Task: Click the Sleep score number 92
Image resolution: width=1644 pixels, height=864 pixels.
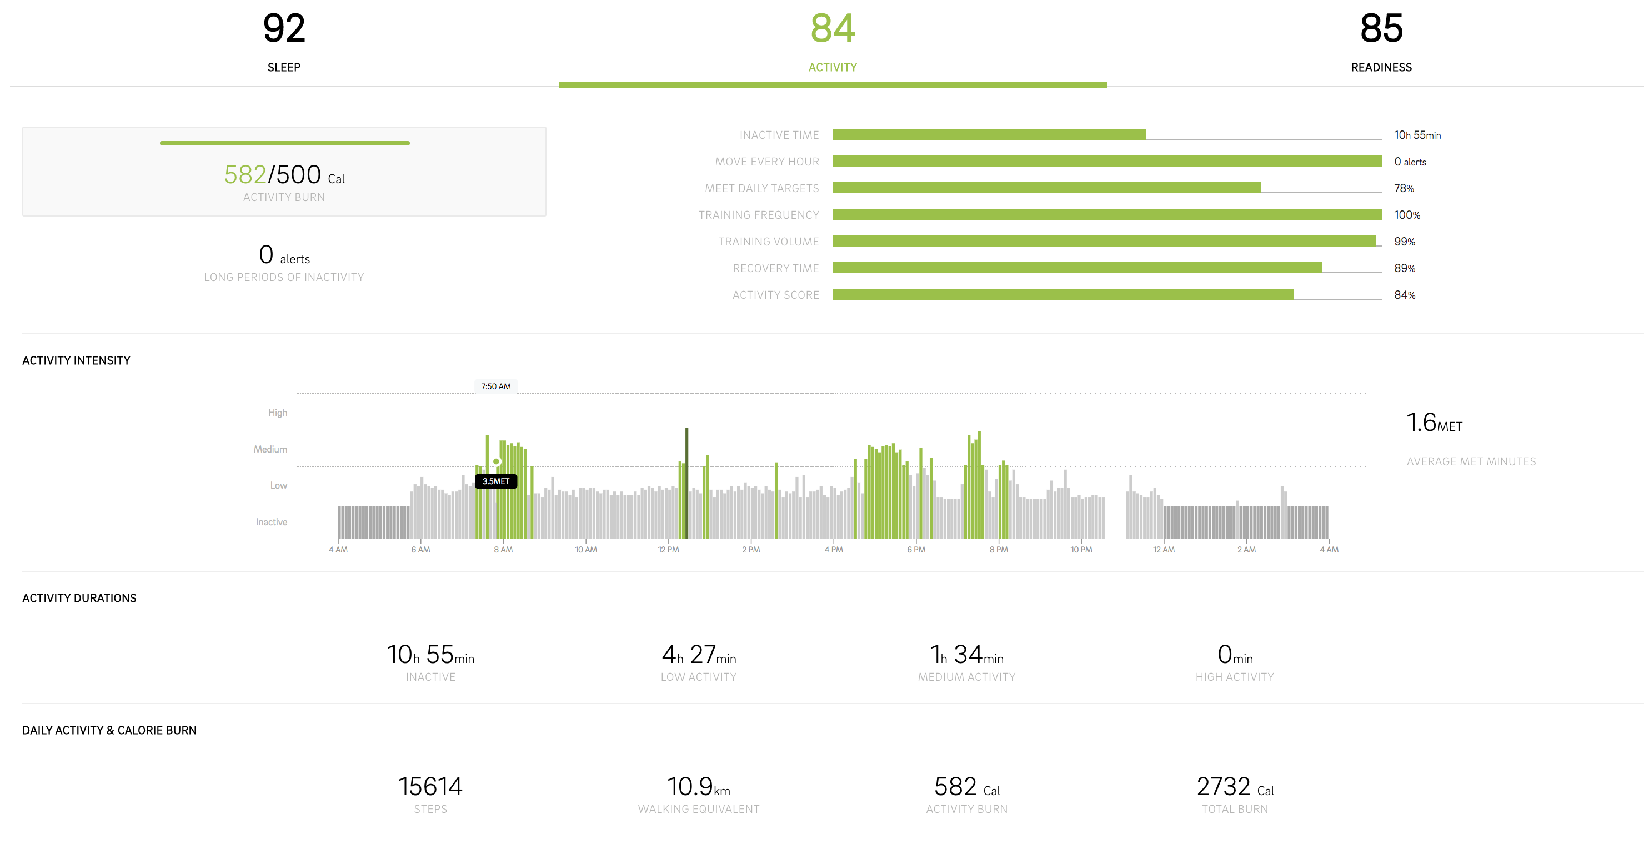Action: (x=284, y=29)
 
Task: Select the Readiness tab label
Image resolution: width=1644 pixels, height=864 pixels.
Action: (x=1381, y=67)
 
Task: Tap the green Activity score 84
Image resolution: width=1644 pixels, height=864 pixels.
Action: (x=832, y=29)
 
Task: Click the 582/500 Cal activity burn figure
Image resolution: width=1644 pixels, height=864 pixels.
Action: (x=284, y=175)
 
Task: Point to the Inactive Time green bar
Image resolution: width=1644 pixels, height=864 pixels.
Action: (x=989, y=134)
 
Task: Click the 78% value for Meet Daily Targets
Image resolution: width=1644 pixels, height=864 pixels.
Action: (x=1404, y=188)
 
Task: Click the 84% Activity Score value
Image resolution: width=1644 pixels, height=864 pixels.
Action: (x=1404, y=295)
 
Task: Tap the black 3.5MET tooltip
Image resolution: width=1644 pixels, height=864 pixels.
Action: (x=496, y=481)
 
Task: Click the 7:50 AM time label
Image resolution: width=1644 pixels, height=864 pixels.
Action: (x=496, y=386)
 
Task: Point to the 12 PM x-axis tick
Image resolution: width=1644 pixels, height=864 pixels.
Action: (x=668, y=549)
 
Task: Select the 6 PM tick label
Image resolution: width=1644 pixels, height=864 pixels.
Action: (x=916, y=549)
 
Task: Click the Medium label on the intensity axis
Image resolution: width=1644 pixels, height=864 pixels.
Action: (x=270, y=449)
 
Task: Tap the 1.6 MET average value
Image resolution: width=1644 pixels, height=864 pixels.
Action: (x=1434, y=423)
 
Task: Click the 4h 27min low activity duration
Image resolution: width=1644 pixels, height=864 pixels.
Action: (x=698, y=655)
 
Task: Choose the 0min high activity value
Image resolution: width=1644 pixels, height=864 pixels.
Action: (x=1234, y=655)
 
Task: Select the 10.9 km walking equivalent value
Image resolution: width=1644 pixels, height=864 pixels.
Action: (x=698, y=787)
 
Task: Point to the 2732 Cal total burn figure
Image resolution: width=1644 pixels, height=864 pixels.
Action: (x=1234, y=787)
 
